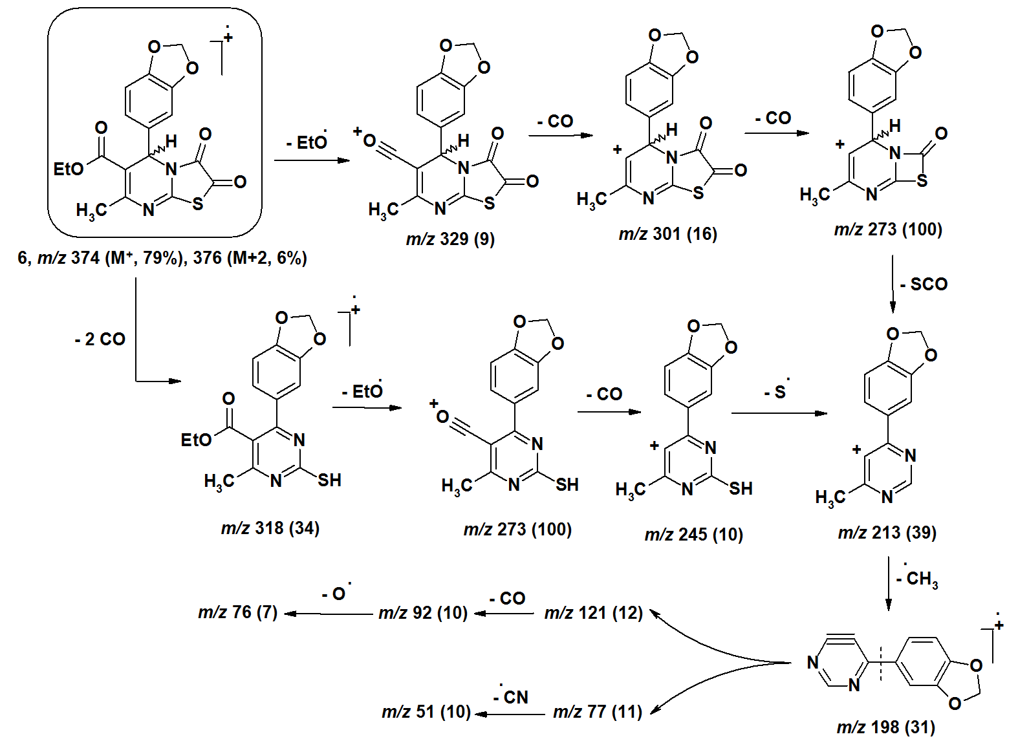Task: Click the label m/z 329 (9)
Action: tap(450, 239)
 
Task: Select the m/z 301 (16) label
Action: tap(667, 234)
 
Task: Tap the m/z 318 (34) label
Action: tap(270, 528)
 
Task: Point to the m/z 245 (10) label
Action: tap(693, 535)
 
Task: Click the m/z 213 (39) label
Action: tap(887, 533)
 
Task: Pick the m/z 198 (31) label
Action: tap(885, 727)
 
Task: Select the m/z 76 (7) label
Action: tap(237, 612)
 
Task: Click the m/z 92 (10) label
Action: tap(423, 612)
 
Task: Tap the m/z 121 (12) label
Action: tap(593, 612)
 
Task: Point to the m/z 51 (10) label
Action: tap(426, 712)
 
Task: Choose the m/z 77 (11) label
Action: tap(597, 712)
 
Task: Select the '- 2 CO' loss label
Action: tap(100, 339)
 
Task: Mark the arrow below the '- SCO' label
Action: tap(893, 285)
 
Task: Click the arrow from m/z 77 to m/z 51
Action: tap(510, 714)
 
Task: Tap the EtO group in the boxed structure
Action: tap(69, 169)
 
